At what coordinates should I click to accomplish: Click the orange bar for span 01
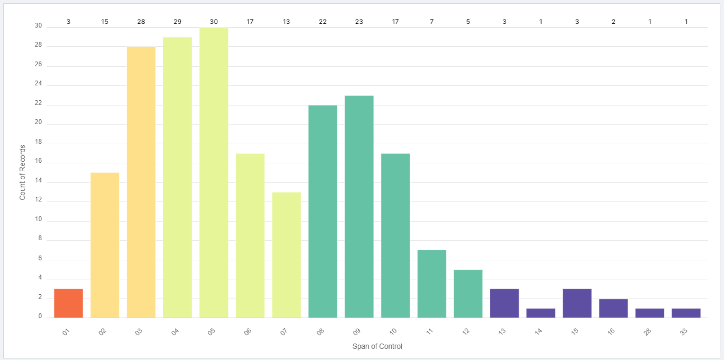pyautogui.click(x=68, y=303)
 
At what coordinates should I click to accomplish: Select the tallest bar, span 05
pyautogui.click(x=214, y=172)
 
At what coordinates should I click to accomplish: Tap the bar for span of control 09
pyautogui.click(x=359, y=207)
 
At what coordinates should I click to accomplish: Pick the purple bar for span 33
pyautogui.click(x=686, y=313)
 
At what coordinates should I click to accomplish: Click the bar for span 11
pyautogui.click(x=431, y=284)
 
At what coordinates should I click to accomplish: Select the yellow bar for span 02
pyautogui.click(x=105, y=245)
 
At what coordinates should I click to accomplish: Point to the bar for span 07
pyautogui.click(x=286, y=254)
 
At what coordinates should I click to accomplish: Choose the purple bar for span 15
pyautogui.click(x=577, y=303)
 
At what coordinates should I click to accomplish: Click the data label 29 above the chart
pyautogui.click(x=178, y=22)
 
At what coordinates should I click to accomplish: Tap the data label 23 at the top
pyautogui.click(x=359, y=22)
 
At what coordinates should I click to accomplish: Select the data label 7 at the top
pyautogui.click(x=431, y=22)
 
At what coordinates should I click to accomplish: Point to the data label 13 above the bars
pyautogui.click(x=286, y=22)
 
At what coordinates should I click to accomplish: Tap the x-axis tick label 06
pyautogui.click(x=248, y=332)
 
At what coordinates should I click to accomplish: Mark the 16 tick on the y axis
pyautogui.click(x=38, y=163)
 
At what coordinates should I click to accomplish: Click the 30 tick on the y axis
pyautogui.click(x=38, y=25)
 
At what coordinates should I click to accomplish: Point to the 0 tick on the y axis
pyautogui.click(x=40, y=317)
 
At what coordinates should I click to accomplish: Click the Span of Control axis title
pyautogui.click(x=377, y=347)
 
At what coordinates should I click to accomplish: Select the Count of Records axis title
pyautogui.click(x=23, y=172)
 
